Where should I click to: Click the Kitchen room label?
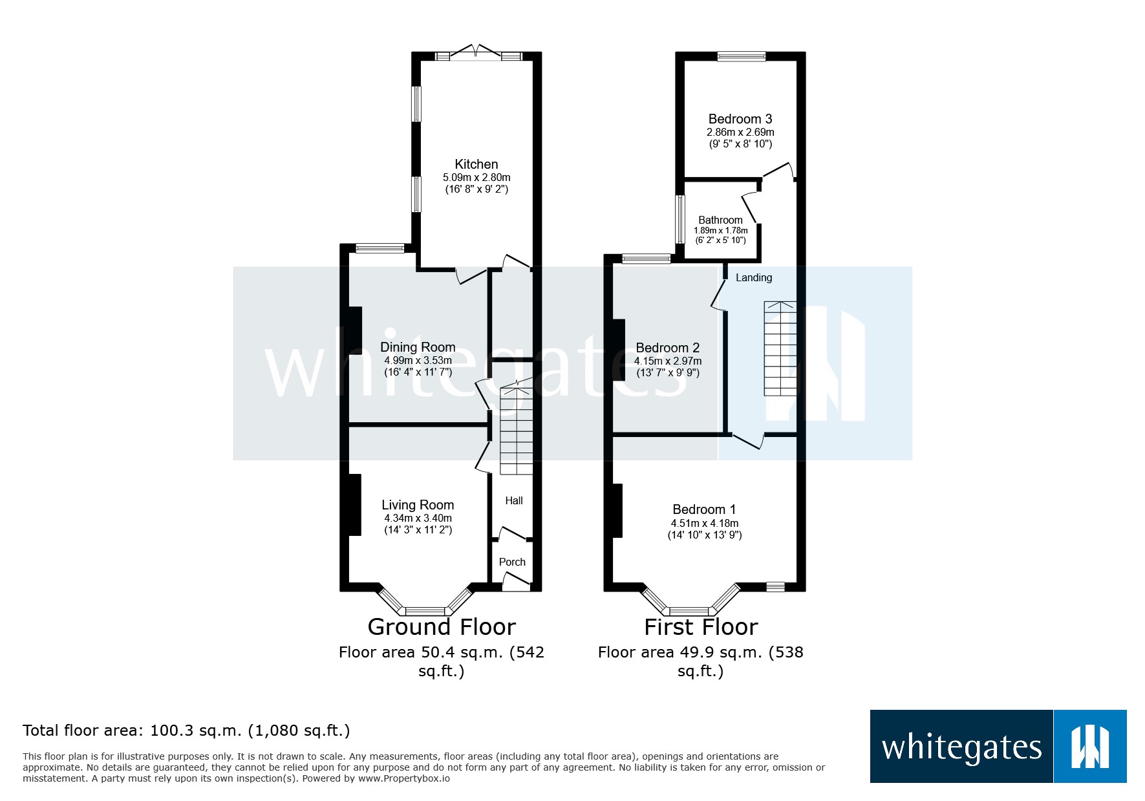point(476,164)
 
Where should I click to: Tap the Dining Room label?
point(418,347)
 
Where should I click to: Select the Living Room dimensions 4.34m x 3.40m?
point(418,518)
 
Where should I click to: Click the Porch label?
point(512,562)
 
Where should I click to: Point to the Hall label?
point(514,500)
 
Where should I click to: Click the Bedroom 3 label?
point(740,119)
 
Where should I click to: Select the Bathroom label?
point(720,220)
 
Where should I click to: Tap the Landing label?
point(754,277)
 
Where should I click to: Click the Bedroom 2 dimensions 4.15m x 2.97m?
point(667,361)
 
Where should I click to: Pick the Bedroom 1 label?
point(704,509)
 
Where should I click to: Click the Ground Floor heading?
point(442,626)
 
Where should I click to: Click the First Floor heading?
point(701,626)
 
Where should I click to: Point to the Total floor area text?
point(186,731)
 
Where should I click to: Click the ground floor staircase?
point(516,431)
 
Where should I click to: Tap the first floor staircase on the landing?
point(780,348)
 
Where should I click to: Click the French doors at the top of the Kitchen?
point(476,54)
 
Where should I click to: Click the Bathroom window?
point(680,219)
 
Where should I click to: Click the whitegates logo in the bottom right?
point(998,747)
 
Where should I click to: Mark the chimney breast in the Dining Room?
point(355,330)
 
